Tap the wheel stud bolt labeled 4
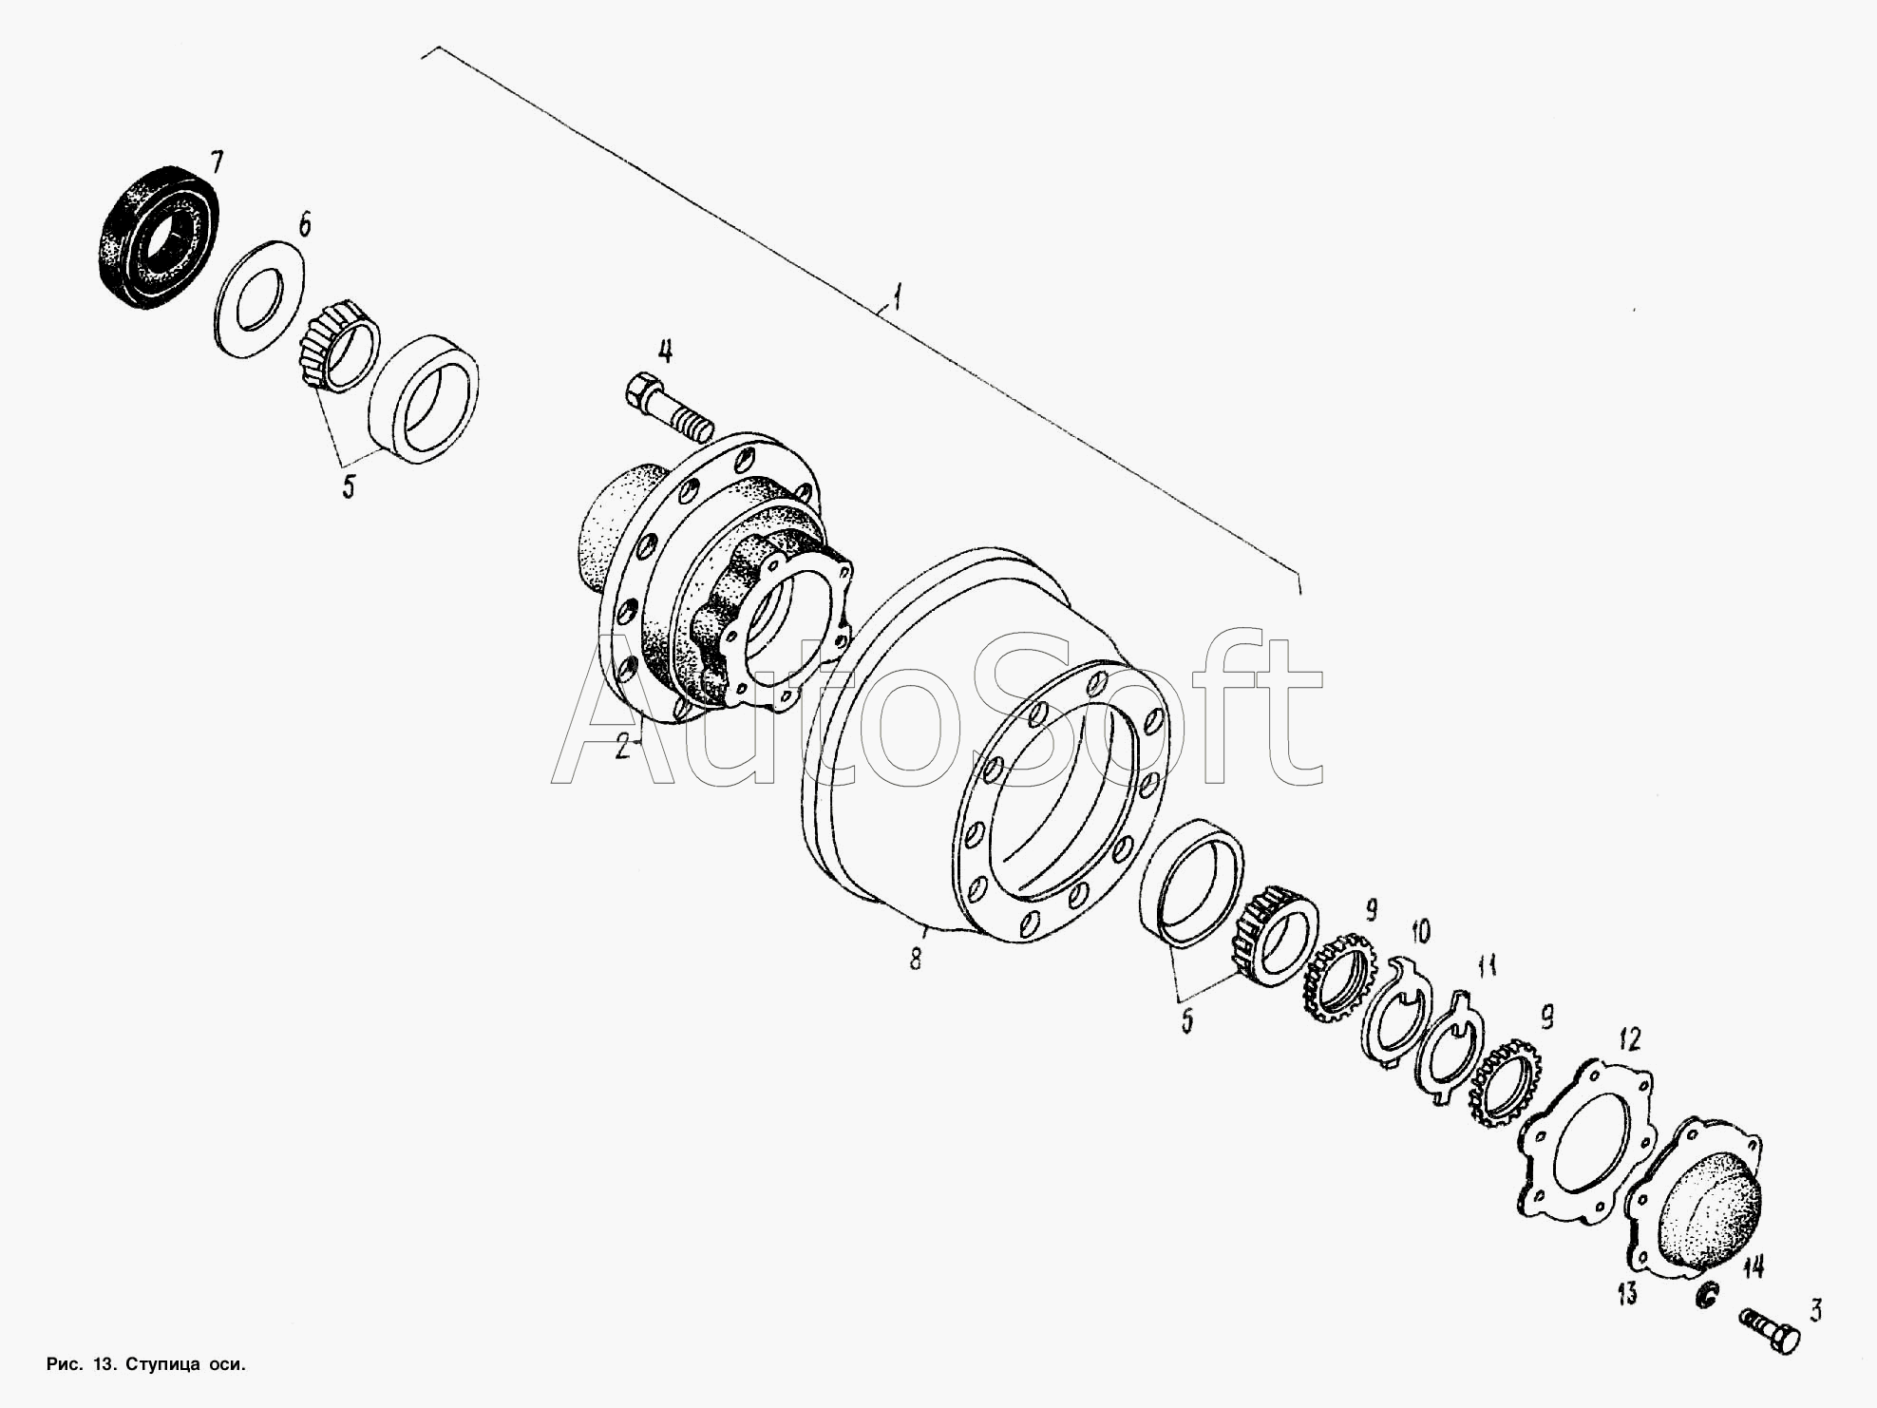(x=668, y=408)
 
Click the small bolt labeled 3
(x=1771, y=1326)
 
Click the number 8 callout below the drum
(x=916, y=960)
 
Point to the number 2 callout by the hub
(x=623, y=748)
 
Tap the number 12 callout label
(x=1629, y=1038)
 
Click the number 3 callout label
(x=1815, y=1312)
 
